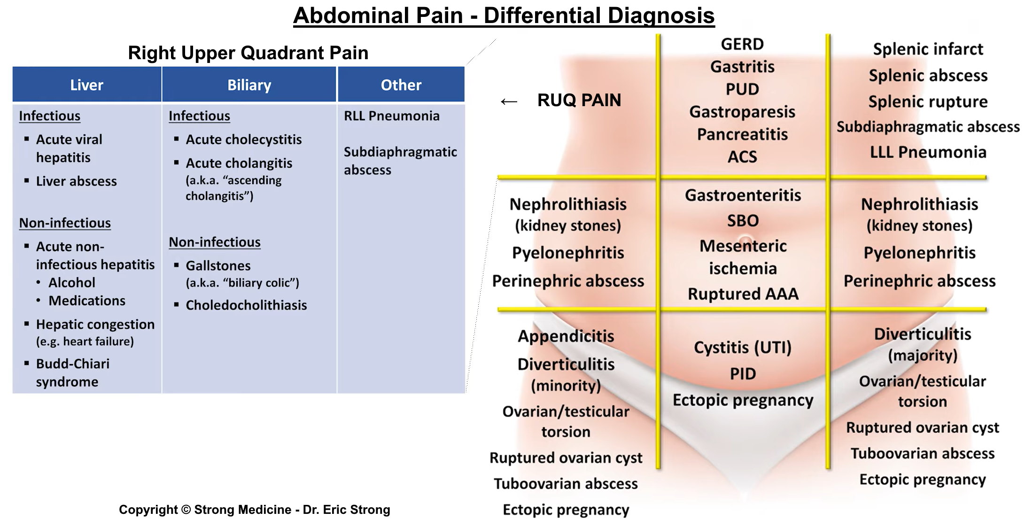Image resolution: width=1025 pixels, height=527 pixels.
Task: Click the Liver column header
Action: pyautogui.click(x=86, y=85)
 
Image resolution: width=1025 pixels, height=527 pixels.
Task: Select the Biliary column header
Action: pyautogui.click(x=249, y=85)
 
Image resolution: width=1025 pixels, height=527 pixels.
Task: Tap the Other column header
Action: pyautogui.click(x=401, y=85)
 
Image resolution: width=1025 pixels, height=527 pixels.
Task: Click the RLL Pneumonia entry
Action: pyautogui.click(x=392, y=116)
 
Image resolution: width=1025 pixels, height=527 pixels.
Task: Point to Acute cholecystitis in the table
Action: pyautogui.click(x=244, y=139)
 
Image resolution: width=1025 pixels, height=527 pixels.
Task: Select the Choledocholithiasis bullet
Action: pyautogui.click(x=246, y=305)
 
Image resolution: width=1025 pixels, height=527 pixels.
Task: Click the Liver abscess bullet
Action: pyautogui.click(x=77, y=181)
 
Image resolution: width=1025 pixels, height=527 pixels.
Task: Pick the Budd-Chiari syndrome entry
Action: pyautogui.click(x=73, y=373)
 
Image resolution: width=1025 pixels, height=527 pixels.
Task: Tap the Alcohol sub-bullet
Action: pyautogui.click(x=72, y=283)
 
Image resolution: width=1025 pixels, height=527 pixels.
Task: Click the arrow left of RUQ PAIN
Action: pyautogui.click(x=509, y=101)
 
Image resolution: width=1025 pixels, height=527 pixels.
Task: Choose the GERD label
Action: pyautogui.click(x=742, y=45)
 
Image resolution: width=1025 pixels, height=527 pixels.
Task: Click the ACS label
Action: pyautogui.click(x=742, y=157)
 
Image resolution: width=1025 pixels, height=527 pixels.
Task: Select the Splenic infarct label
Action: pyautogui.click(x=928, y=49)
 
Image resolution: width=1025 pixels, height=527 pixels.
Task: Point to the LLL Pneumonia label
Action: pyautogui.click(x=928, y=152)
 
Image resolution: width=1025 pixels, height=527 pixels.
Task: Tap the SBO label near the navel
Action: pyautogui.click(x=743, y=221)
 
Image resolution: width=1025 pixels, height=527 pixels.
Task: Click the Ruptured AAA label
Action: pyautogui.click(x=743, y=294)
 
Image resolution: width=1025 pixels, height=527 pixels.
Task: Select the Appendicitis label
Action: pyautogui.click(x=566, y=336)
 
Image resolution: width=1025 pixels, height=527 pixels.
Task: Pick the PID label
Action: pyautogui.click(x=743, y=374)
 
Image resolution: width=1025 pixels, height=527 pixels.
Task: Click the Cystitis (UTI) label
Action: pyautogui.click(x=743, y=348)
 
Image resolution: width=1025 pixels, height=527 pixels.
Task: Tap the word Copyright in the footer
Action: pyautogui.click(x=148, y=510)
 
